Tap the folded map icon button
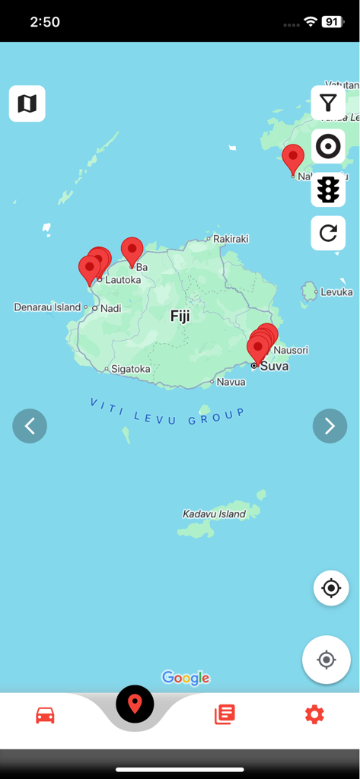[27, 103]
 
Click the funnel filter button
[328, 103]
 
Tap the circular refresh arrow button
[328, 233]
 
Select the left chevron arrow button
[30, 426]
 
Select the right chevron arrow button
[330, 426]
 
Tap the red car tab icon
[46, 715]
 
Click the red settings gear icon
[314, 714]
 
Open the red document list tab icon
[225, 714]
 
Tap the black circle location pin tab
[135, 704]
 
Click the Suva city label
[274, 366]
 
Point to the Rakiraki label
[231, 239]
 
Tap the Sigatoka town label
[131, 369]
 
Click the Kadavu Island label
[214, 514]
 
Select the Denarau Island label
[47, 307]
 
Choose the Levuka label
[336, 292]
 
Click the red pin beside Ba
[132, 251]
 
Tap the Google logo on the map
[186, 678]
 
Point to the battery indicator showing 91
[333, 22]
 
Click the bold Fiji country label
[180, 316]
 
